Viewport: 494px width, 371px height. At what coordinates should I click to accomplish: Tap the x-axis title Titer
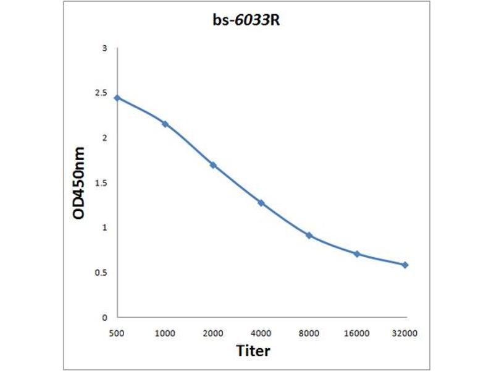click(253, 351)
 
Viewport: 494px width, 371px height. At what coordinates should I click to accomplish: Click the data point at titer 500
click(117, 98)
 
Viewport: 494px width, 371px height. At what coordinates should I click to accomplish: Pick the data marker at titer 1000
click(165, 124)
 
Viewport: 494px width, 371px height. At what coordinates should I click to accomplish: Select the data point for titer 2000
click(213, 165)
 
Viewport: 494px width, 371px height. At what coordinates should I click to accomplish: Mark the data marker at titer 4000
click(261, 203)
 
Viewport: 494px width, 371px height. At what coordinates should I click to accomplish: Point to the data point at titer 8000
click(309, 236)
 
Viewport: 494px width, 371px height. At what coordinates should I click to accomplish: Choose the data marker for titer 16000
click(357, 254)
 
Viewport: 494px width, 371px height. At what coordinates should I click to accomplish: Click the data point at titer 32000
click(405, 265)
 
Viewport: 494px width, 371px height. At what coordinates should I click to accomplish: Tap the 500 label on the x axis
click(117, 333)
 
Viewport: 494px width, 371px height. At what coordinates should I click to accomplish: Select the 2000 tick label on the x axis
click(213, 333)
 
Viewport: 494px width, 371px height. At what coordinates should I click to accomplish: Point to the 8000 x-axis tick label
click(309, 333)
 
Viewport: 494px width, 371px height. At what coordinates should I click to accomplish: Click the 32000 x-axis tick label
click(405, 333)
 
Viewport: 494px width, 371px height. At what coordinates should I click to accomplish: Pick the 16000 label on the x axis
click(357, 333)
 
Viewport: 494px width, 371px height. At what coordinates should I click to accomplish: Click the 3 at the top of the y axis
click(105, 48)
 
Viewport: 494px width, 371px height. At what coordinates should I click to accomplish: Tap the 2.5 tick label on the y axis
click(101, 93)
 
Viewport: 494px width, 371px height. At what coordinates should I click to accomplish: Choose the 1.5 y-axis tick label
click(101, 183)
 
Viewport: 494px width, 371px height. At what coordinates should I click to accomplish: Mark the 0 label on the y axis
click(105, 318)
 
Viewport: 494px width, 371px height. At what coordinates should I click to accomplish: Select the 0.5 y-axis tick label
click(101, 273)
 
